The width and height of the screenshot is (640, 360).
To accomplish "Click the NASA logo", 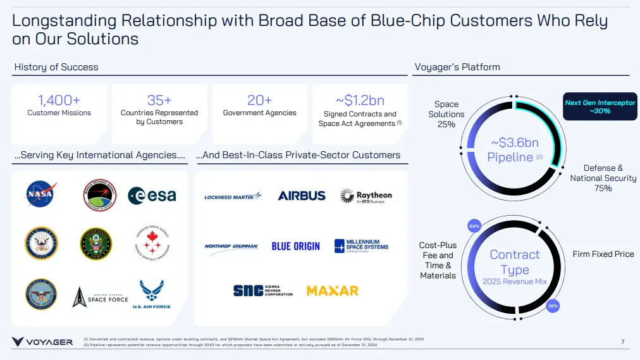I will pyautogui.click(x=41, y=194).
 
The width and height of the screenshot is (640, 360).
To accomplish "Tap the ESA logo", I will pyautogui.click(x=152, y=196).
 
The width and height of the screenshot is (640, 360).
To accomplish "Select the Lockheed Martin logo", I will pyautogui.click(x=233, y=197).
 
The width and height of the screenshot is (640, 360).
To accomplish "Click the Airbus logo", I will pyautogui.click(x=302, y=196).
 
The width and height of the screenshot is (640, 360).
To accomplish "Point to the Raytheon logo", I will pyautogui.click(x=366, y=196).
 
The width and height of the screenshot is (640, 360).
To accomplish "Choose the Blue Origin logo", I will pyautogui.click(x=296, y=246).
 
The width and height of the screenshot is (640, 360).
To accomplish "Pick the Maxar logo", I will pyautogui.click(x=333, y=291).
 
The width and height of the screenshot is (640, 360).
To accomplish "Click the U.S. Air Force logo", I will pyautogui.click(x=152, y=294).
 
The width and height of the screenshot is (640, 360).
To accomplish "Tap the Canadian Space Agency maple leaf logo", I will pyautogui.click(x=152, y=243).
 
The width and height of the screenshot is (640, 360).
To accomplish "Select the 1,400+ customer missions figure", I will pyautogui.click(x=59, y=100).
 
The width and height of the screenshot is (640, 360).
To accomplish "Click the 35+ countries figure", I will pyautogui.click(x=159, y=100).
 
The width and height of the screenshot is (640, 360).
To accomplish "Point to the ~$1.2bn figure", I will pyautogui.click(x=360, y=100).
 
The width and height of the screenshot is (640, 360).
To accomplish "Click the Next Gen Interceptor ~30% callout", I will pyautogui.click(x=600, y=106).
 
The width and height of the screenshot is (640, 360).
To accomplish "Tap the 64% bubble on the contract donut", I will pyautogui.click(x=474, y=226).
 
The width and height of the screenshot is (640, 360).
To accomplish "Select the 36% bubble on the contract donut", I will pyautogui.click(x=552, y=306).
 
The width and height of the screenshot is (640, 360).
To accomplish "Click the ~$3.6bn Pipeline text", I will pyautogui.click(x=514, y=150).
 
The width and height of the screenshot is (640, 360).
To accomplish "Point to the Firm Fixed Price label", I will pyautogui.click(x=603, y=254).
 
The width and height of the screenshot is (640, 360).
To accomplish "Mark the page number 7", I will pyautogui.click(x=622, y=342).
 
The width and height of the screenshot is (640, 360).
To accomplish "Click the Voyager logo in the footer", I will pyautogui.click(x=42, y=342).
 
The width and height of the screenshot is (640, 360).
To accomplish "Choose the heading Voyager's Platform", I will pyautogui.click(x=457, y=67).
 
